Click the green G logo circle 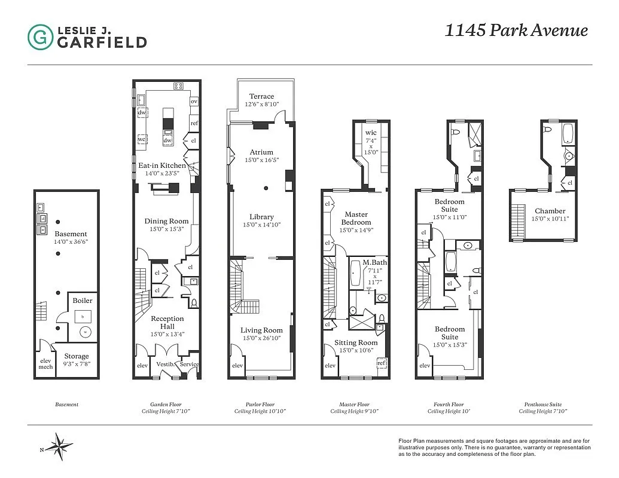tap(40, 36)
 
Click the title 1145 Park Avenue tap(516, 31)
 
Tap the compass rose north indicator tap(59, 446)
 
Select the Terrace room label tap(261, 96)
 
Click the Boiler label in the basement tap(83, 301)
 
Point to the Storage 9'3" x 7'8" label tap(77, 357)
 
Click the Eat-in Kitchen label tap(162, 166)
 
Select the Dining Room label tap(167, 221)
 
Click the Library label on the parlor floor tap(262, 217)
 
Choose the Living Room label tap(261, 330)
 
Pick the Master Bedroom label tap(356, 218)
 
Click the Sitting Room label tap(356, 342)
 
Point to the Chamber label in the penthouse tap(550, 211)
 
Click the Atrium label tap(261, 152)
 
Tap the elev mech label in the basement tap(45, 363)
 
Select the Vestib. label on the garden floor tap(164, 364)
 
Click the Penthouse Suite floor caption tap(542, 405)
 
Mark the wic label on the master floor tap(371, 132)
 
